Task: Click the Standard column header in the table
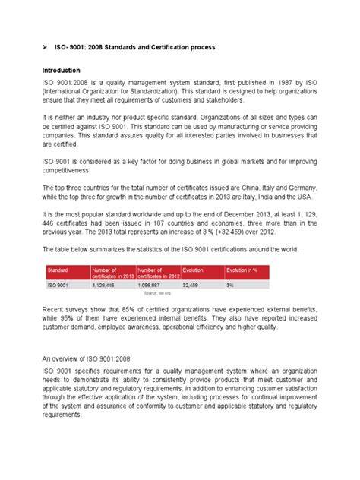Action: (58, 269)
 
